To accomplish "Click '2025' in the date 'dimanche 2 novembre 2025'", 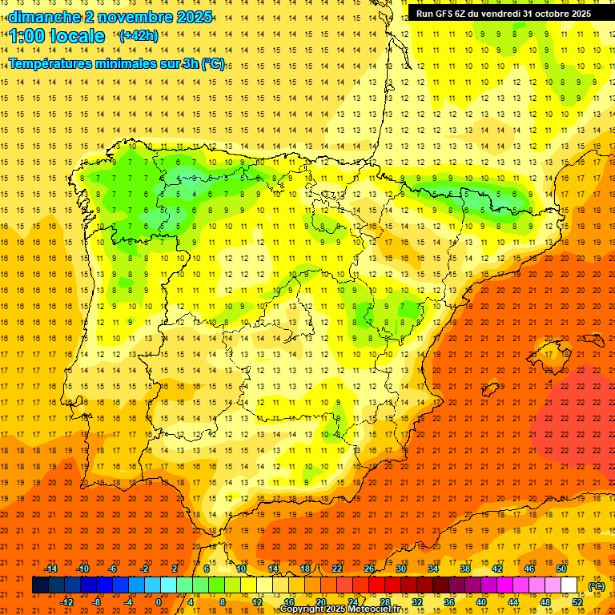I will click(x=193, y=17).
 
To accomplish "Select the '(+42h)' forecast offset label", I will click(x=139, y=36).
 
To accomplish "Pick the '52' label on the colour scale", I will click(x=577, y=602).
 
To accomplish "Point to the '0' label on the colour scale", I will click(x=159, y=602).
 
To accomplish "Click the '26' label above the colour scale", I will click(x=369, y=569).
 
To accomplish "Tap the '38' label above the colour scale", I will click(x=465, y=569).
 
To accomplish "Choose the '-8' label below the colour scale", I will click(x=96, y=602).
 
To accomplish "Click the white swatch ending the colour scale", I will click(x=569, y=585).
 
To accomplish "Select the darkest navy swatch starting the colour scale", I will click(x=40, y=585).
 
